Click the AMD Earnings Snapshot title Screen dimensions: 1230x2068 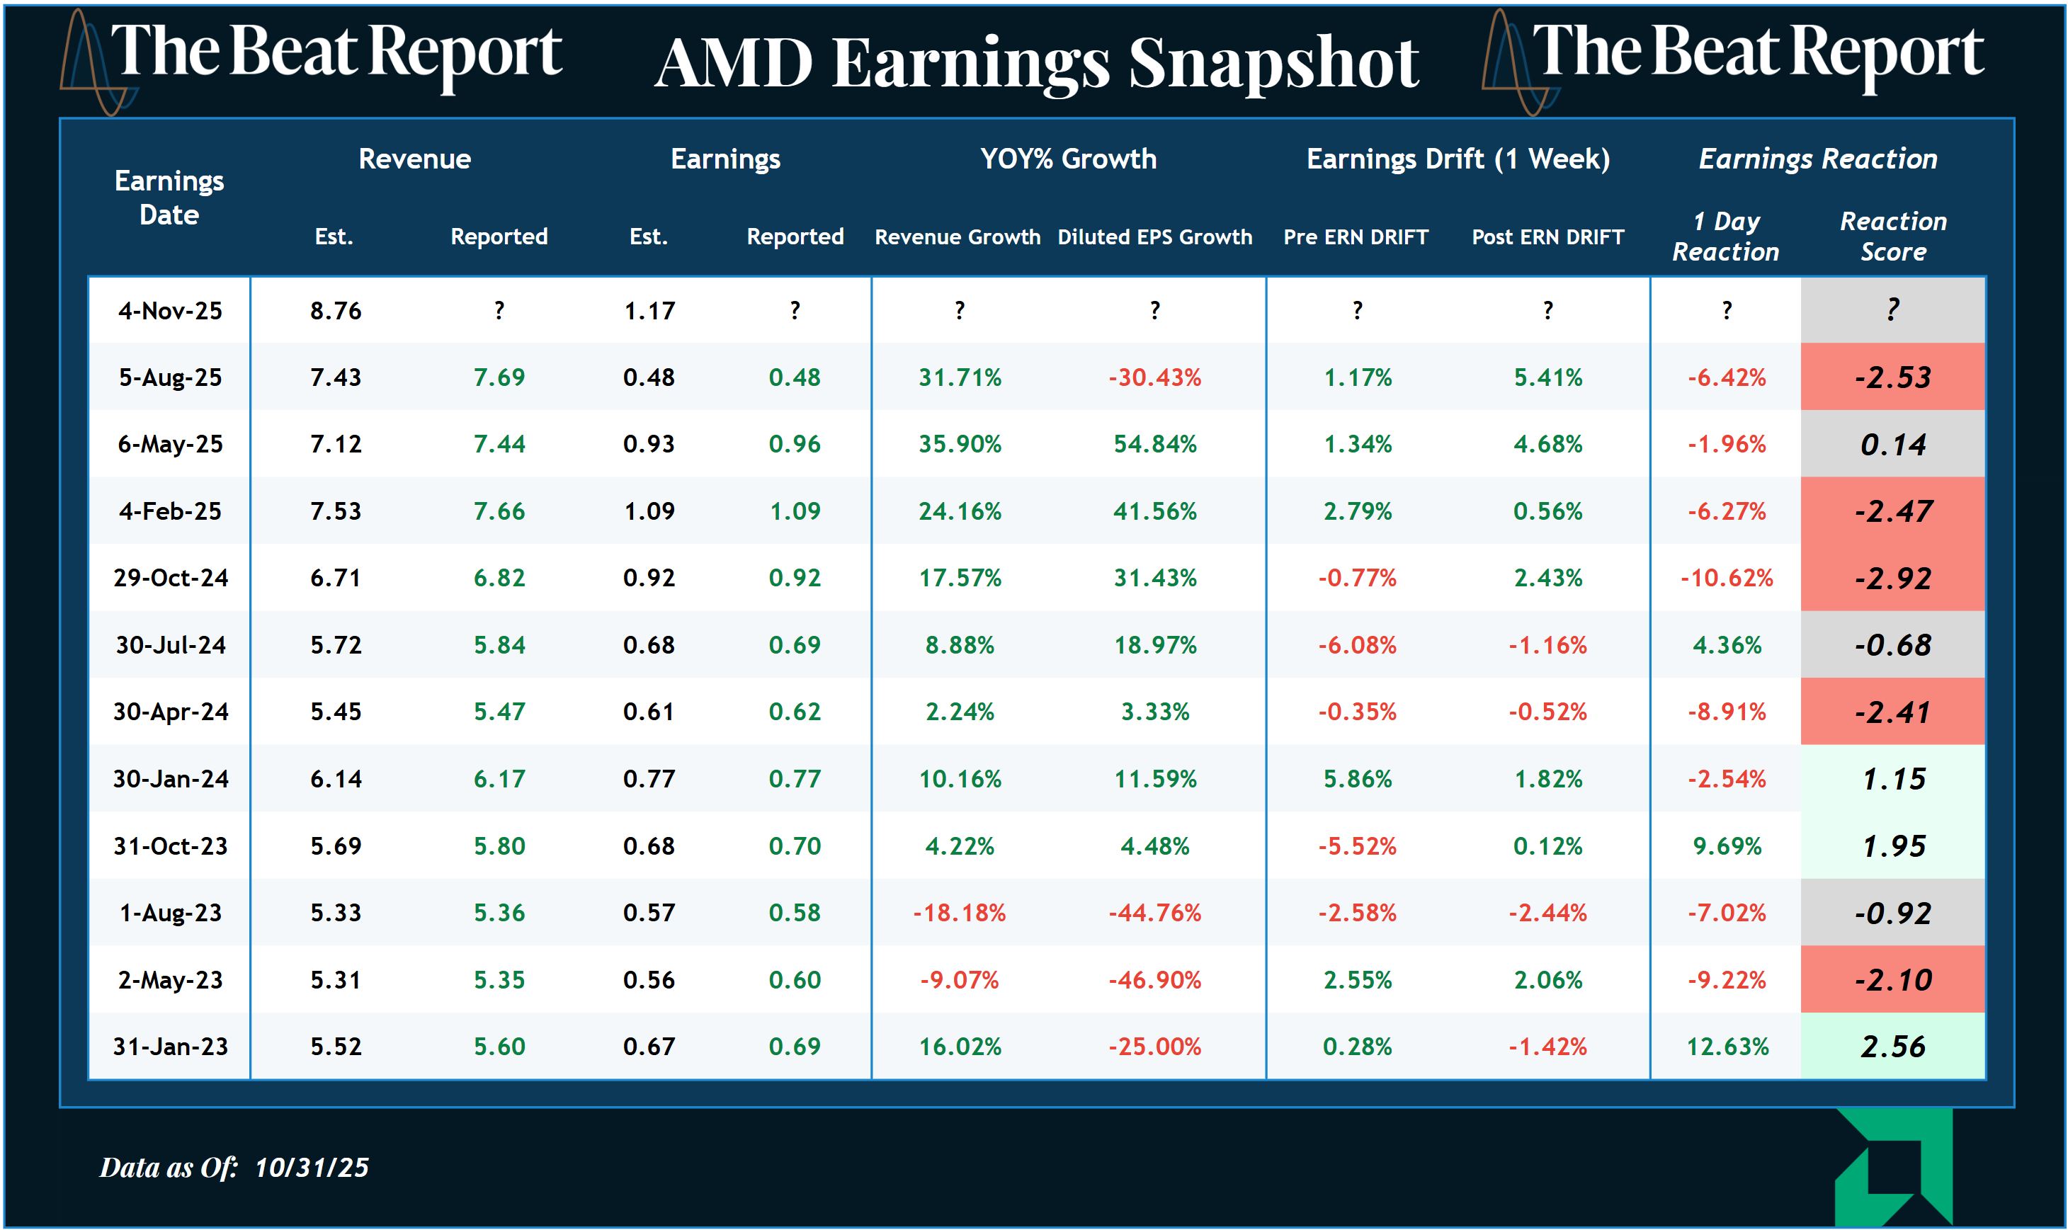pyautogui.click(x=1036, y=63)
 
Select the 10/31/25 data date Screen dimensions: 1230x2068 pyautogui.click(x=312, y=1167)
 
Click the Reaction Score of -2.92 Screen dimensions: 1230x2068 pyautogui.click(x=1892, y=579)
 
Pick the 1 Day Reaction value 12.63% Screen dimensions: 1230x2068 pyautogui.click(x=1727, y=1047)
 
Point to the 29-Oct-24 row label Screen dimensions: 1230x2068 pyautogui.click(x=171, y=578)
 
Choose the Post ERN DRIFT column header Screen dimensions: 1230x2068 pyautogui.click(x=1547, y=237)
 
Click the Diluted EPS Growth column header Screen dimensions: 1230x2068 pyautogui.click(x=1154, y=237)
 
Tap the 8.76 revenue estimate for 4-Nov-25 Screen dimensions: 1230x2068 pyautogui.click(x=336, y=311)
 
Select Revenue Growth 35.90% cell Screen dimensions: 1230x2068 pyautogui.click(x=960, y=444)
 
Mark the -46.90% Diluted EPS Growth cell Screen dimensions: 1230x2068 pyautogui.click(x=1154, y=980)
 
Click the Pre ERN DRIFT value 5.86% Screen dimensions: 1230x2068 pyautogui.click(x=1357, y=779)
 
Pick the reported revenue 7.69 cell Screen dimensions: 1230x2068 pyautogui.click(x=499, y=377)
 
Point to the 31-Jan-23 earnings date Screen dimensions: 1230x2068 pyautogui.click(x=171, y=1047)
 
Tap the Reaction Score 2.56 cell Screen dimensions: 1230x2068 pyautogui.click(x=1892, y=1047)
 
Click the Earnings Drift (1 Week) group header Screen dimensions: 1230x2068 pyautogui.click(x=1458, y=159)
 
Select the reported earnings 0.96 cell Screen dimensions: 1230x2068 pyautogui.click(x=794, y=444)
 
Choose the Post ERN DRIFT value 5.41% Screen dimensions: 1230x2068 pyautogui.click(x=1547, y=377)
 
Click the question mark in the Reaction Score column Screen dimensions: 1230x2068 pyautogui.click(x=1892, y=310)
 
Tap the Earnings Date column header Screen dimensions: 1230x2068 pyautogui.click(x=169, y=198)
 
